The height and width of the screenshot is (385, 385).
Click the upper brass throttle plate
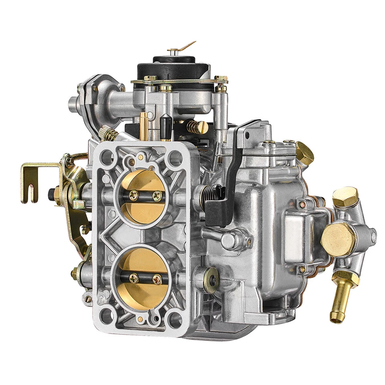142,188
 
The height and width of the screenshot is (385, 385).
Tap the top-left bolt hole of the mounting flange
107,158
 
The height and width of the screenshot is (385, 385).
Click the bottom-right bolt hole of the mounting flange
175,320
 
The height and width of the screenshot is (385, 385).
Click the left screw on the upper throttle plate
134,195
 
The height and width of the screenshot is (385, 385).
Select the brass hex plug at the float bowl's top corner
305,152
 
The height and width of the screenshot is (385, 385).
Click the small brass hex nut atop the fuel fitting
344,197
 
